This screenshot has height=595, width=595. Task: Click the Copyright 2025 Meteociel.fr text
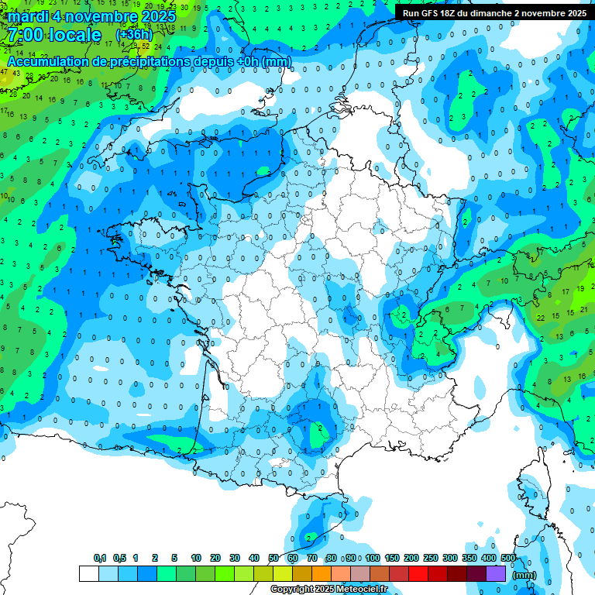tap(328, 590)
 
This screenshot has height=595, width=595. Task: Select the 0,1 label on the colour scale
tap(100, 559)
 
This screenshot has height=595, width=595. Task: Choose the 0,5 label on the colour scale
tap(119, 559)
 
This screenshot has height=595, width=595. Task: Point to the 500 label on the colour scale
tap(508, 559)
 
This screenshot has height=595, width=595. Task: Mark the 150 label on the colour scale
tap(392, 559)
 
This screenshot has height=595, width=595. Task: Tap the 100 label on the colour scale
tap(373, 559)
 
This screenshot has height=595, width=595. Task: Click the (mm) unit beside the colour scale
tap(524, 575)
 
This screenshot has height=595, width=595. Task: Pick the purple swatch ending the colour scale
tap(496, 574)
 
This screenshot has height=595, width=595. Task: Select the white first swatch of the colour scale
tap(89, 574)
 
